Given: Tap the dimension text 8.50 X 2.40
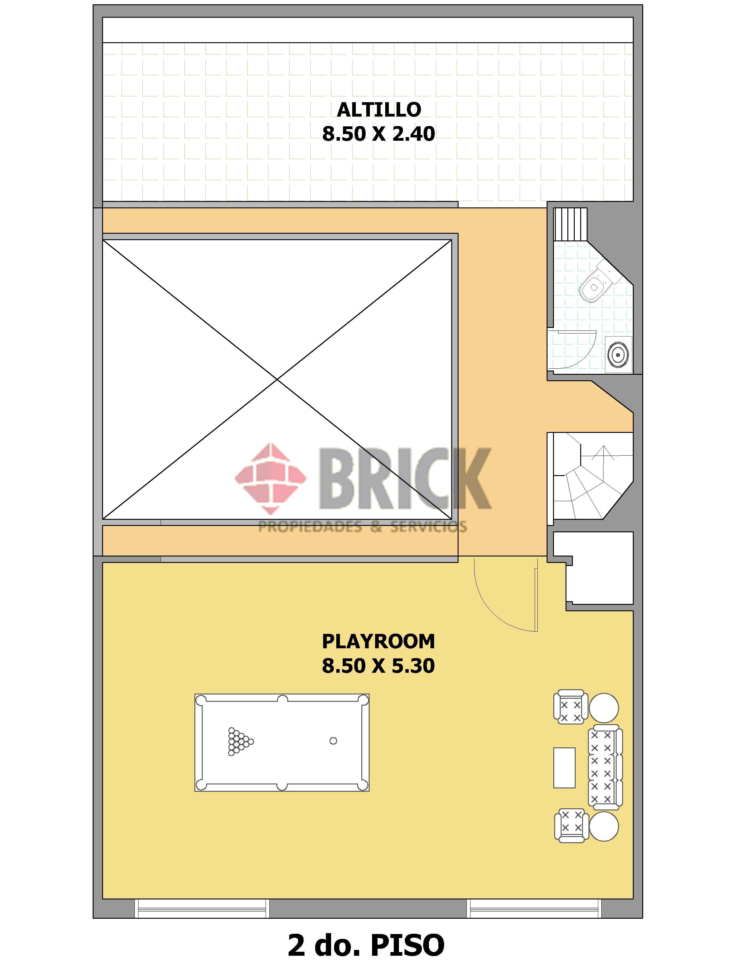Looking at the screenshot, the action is (x=379, y=134).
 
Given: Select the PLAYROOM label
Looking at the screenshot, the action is (x=378, y=642).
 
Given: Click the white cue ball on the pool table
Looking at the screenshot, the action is (x=333, y=741).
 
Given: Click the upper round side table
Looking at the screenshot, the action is (x=604, y=708).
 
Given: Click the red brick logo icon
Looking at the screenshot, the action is (x=271, y=479).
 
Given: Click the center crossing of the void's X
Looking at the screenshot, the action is (x=277, y=379).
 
